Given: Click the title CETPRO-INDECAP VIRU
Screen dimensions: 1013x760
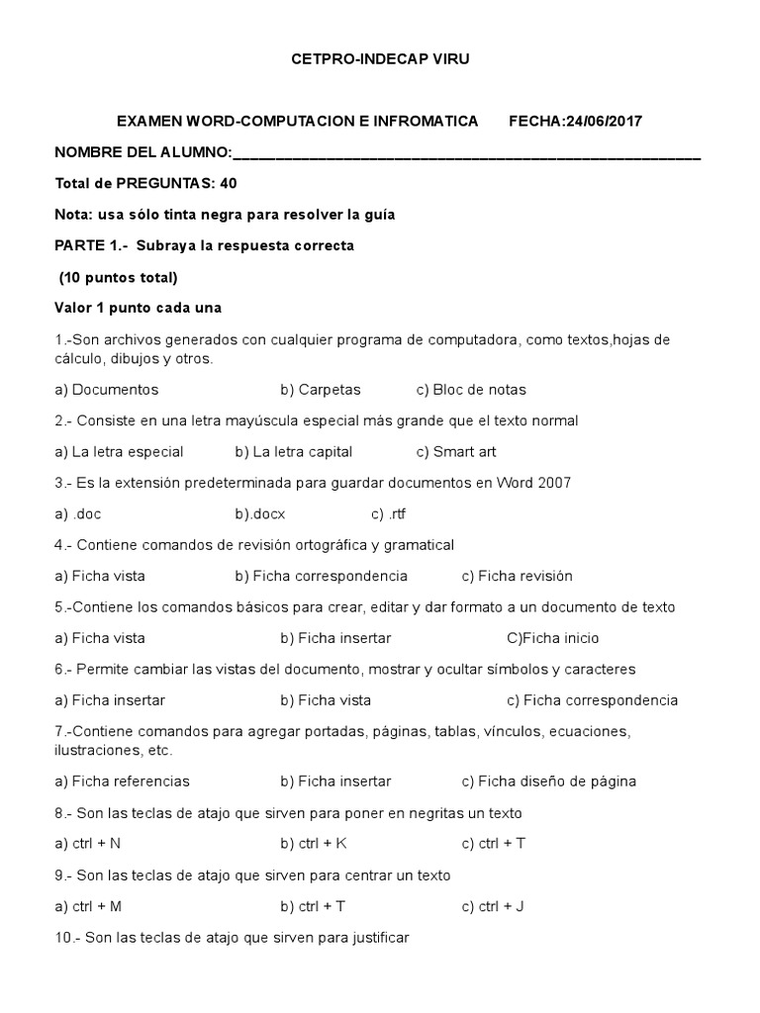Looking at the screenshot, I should (380, 59).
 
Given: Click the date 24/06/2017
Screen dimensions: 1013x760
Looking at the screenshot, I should (604, 122).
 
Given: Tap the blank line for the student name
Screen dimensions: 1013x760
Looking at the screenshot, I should (466, 154).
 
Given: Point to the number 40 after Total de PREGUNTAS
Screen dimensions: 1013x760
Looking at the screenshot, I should (228, 183).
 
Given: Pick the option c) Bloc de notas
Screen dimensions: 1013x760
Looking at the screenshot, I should (471, 390).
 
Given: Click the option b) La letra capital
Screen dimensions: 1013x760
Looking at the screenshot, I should (294, 452).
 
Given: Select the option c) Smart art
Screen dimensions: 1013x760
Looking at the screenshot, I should (456, 452).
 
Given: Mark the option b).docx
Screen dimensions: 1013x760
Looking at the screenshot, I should (260, 514).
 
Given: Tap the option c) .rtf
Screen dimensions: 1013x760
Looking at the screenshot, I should (389, 514).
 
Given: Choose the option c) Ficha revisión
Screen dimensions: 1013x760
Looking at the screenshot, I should (517, 576).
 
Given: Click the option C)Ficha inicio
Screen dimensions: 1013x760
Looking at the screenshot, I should (552, 638).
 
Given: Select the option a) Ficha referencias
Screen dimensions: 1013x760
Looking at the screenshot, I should (123, 782).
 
